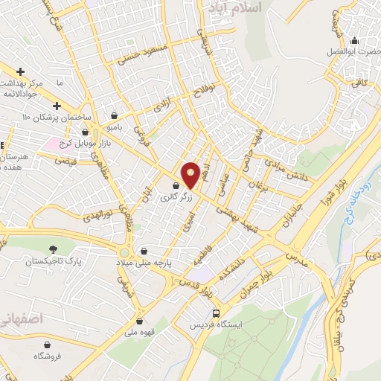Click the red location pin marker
tap(190, 174)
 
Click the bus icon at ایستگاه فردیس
tap(216, 313)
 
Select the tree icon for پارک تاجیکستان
tap(53, 249)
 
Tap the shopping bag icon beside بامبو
tap(114, 115)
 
